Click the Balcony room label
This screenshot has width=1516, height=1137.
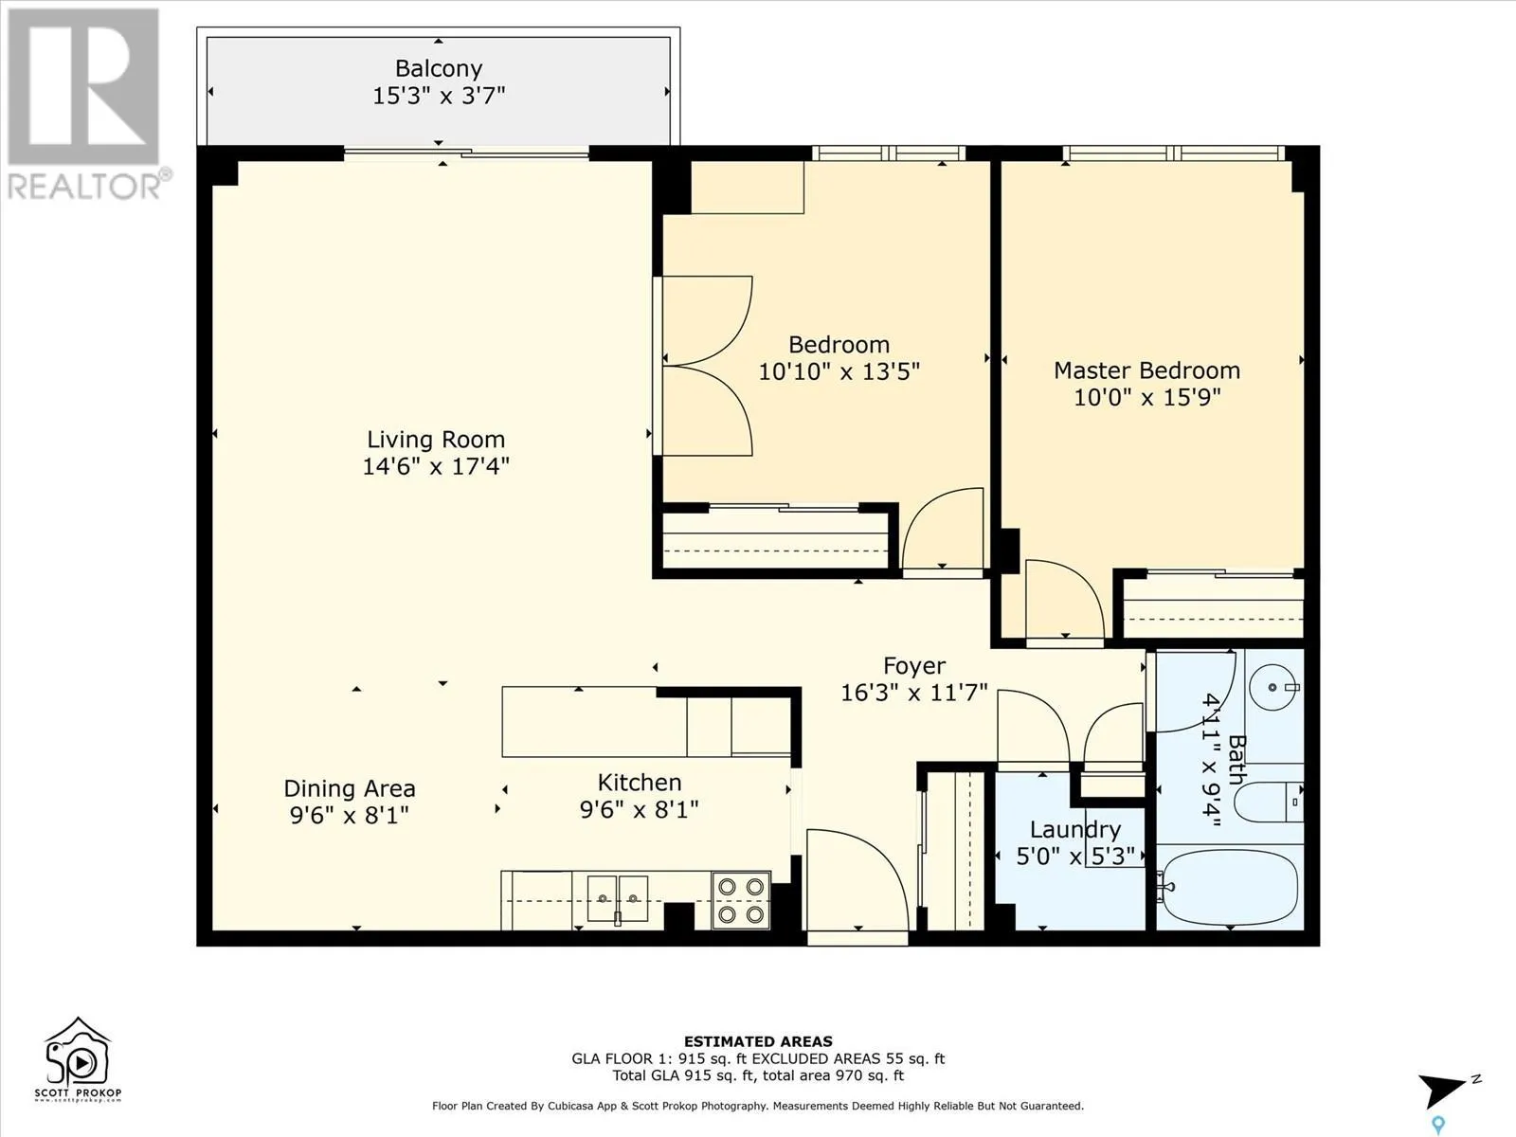tap(439, 68)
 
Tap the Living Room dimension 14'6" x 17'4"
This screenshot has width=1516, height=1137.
tap(436, 466)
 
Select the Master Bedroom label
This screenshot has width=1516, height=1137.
tap(1146, 370)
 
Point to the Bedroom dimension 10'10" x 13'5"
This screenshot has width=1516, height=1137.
tap(839, 371)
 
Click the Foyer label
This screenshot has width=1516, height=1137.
tap(914, 665)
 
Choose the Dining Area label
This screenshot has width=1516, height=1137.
tap(350, 788)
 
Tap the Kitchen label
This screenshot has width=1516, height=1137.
tap(640, 783)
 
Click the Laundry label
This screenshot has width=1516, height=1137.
tap(1075, 829)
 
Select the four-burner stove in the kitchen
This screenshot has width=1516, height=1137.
tap(741, 900)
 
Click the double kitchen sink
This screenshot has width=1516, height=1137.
tap(618, 899)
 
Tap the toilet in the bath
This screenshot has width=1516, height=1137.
tap(1268, 803)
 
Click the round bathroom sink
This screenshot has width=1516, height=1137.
tap(1272, 687)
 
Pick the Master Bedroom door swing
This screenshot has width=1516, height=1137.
tap(1064, 599)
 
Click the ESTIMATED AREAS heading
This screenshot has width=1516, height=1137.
tap(758, 1041)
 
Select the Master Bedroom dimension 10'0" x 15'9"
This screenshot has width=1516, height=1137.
tap(1146, 398)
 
